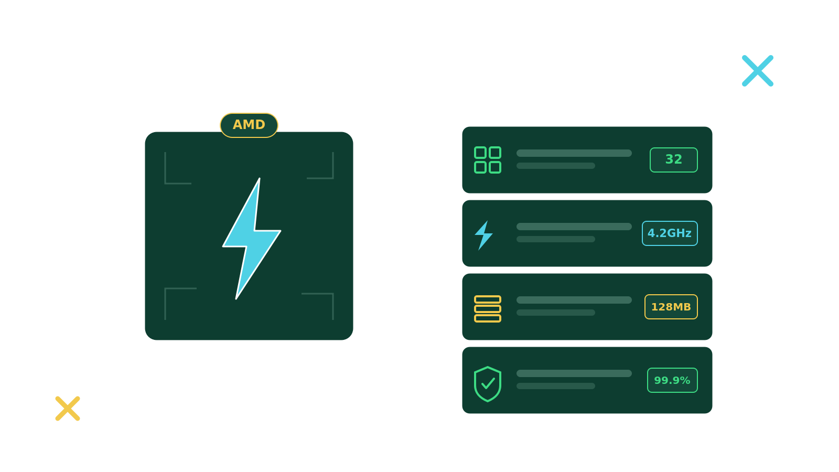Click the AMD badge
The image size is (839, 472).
[249, 125]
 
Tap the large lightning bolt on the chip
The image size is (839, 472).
[250, 239]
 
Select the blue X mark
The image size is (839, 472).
[757, 71]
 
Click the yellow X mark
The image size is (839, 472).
[68, 409]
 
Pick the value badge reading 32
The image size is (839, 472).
[673, 160]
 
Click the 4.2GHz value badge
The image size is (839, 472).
[670, 233]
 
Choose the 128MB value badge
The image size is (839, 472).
[671, 307]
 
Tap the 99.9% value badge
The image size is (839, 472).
[672, 380]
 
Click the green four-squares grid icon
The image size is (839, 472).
[488, 160]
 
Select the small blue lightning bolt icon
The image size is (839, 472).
[484, 235]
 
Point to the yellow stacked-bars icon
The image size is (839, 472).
[488, 309]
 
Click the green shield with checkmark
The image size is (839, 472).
[488, 384]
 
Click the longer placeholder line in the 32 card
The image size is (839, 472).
[574, 153]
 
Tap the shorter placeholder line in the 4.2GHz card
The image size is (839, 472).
[555, 239]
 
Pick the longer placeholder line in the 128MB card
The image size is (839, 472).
[574, 300]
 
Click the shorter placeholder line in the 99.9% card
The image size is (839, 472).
[555, 386]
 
